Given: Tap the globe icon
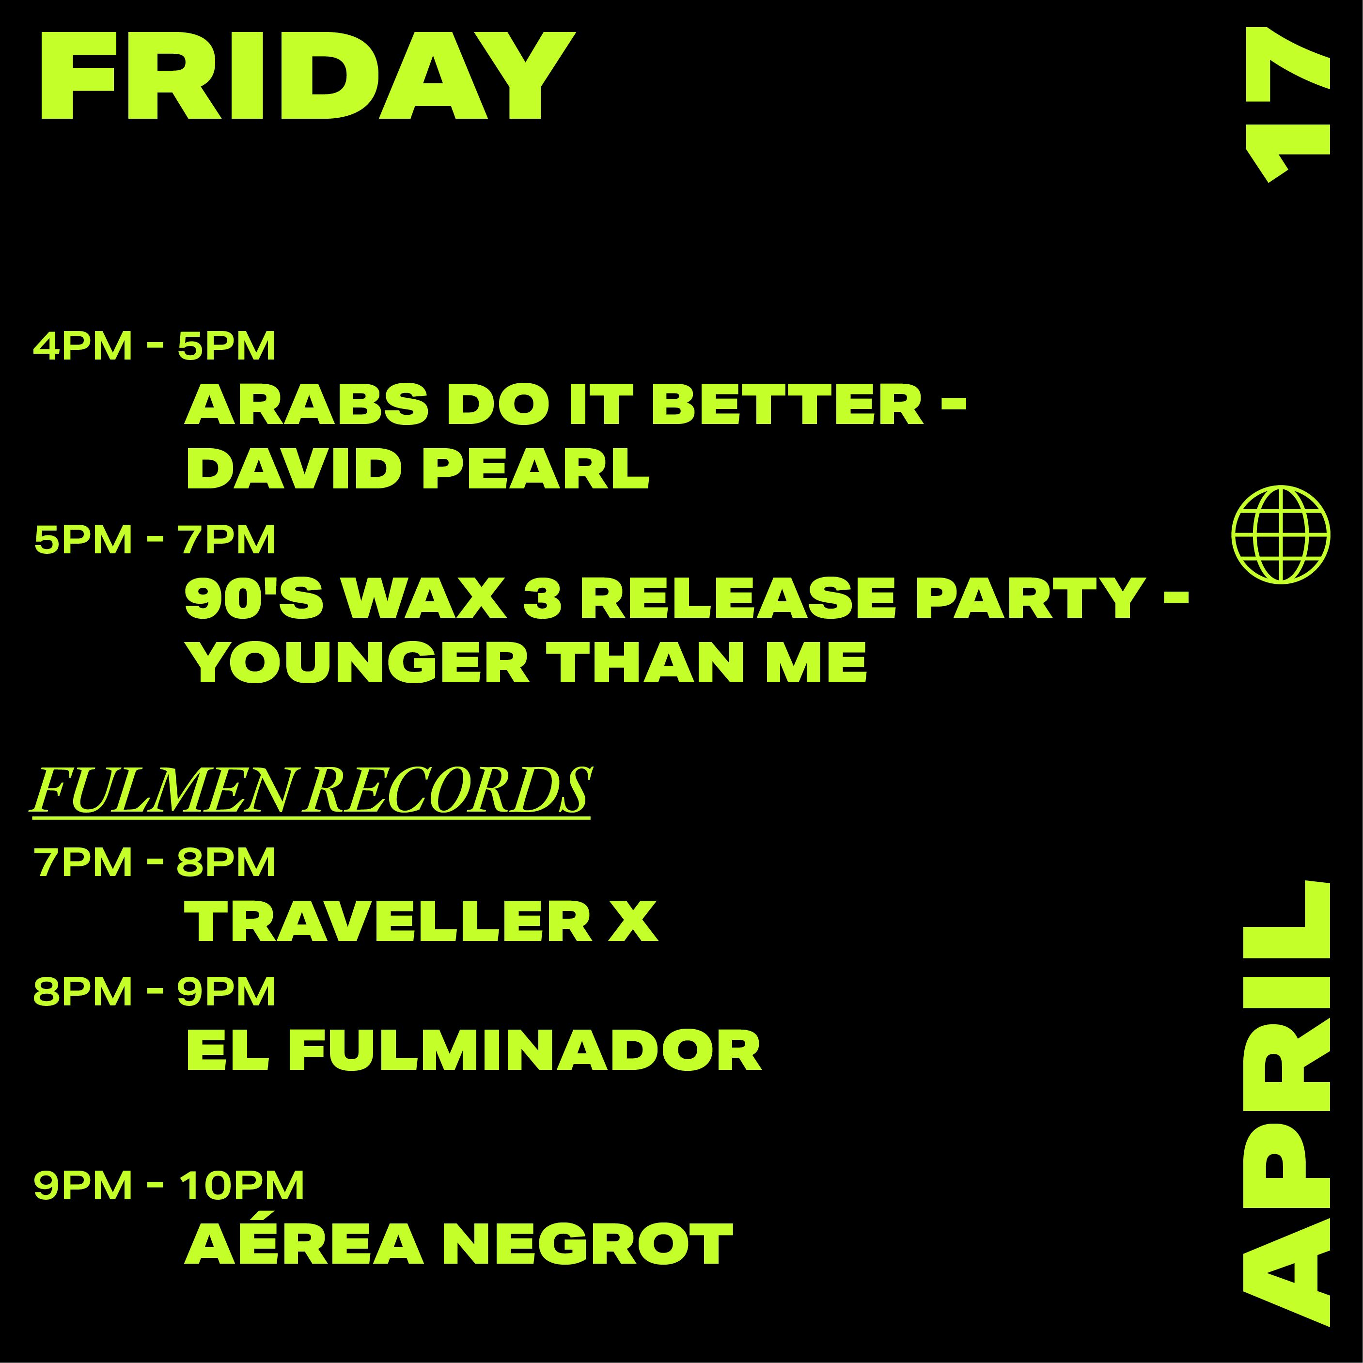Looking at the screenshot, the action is tap(1281, 534).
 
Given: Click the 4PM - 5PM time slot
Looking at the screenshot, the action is tap(155, 347).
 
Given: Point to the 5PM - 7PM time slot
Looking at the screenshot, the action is tap(155, 540).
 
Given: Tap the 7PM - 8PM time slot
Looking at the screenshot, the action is tap(155, 862).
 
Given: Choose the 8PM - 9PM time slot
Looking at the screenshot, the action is tap(155, 991).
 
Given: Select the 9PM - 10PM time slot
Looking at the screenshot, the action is tap(169, 1185).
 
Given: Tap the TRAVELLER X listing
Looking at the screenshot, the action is tap(421, 921).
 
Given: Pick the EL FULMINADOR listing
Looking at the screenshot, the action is tap(473, 1050).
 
